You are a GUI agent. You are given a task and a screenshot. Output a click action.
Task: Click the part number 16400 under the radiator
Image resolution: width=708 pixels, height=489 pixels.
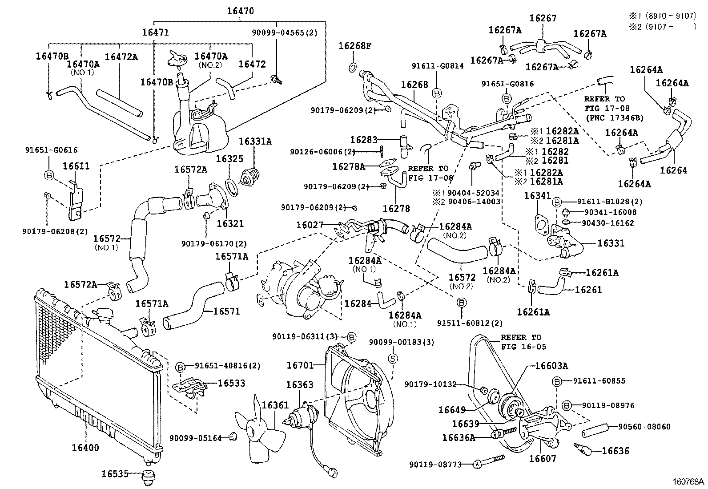point(86,448)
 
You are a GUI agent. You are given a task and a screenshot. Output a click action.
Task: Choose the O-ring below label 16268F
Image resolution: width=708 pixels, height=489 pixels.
point(352,67)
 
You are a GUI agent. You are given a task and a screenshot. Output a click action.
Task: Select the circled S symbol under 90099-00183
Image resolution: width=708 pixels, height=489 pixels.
point(393,358)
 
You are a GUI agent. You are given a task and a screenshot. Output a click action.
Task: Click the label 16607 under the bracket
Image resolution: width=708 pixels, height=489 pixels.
point(542,458)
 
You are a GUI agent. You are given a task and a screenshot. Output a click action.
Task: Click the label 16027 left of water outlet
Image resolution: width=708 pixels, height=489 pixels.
point(310,225)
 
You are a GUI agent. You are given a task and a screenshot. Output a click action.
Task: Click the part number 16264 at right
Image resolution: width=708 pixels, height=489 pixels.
point(673,170)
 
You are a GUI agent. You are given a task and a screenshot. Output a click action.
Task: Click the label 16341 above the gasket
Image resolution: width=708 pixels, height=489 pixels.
point(537,195)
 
